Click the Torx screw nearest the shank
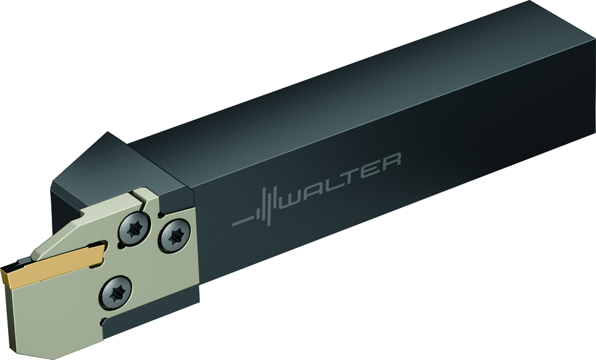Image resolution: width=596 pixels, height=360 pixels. [x=175, y=236]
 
